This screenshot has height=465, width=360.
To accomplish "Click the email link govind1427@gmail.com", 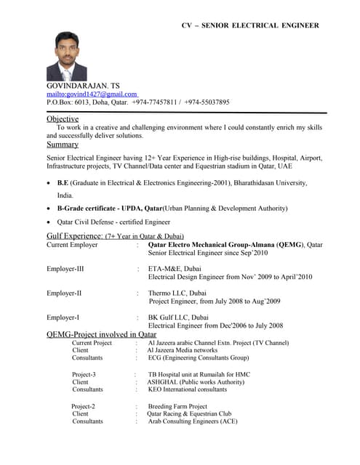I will point(92,94).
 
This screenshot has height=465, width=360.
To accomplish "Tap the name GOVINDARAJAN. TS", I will point(84,85).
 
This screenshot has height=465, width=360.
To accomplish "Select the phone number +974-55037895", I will point(207,102).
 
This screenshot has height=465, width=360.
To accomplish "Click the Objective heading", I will point(63,118).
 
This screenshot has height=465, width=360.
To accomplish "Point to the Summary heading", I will point(63,145).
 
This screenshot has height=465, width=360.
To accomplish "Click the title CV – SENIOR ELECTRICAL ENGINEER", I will point(250,25).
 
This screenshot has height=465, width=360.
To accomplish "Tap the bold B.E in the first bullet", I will point(63,183).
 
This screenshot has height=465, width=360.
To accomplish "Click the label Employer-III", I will point(65,269).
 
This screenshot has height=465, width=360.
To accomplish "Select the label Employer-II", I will point(64,293).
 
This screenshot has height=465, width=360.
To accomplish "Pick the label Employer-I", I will point(63,318).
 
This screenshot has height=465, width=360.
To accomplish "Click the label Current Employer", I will point(72,245).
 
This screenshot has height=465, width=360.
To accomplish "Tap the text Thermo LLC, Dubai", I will point(178,293).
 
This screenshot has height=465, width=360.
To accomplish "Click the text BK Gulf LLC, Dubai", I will point(178,318).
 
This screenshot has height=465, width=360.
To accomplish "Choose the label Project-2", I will point(83,406).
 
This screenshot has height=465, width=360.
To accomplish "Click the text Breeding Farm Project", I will point(177,406).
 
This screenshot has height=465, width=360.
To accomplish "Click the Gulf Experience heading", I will point(75,236).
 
